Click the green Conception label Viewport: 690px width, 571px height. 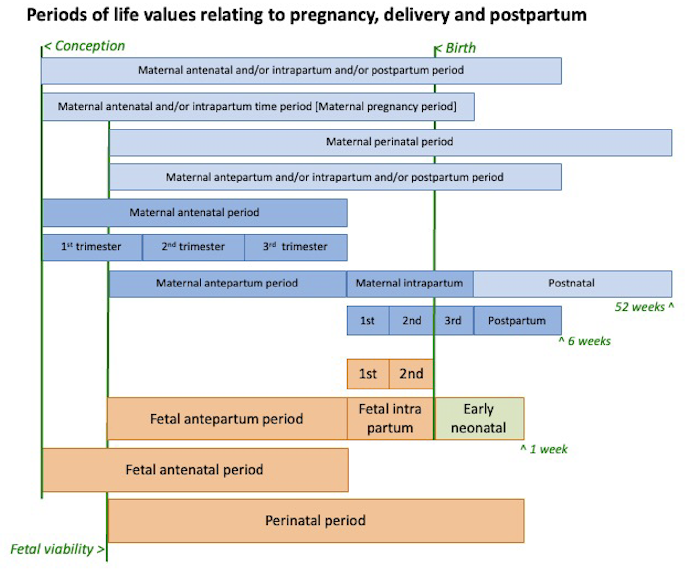(85, 46)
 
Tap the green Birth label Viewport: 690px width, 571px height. (456, 48)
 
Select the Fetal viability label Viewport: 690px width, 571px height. (57, 549)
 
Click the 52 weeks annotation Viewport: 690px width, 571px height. (644, 307)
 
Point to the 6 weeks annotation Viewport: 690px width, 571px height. (585, 341)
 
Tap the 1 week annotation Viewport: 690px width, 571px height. (544, 449)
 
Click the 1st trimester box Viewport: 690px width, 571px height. (92, 247)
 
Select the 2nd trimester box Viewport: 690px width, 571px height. (193, 247)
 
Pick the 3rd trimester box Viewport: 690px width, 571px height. (296, 247)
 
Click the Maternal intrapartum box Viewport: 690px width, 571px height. (410, 284)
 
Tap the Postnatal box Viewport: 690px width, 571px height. (573, 284)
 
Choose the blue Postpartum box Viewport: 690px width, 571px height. (517, 320)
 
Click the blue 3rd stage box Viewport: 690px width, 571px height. (453, 320)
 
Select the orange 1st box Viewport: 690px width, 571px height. (368, 374)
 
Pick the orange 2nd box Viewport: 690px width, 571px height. (411, 374)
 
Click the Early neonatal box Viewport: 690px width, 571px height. (479, 419)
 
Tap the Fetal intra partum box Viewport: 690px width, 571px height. (390, 419)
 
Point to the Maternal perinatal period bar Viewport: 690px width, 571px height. (391, 142)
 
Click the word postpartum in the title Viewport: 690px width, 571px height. (538, 15)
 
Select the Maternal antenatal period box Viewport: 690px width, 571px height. (195, 213)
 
